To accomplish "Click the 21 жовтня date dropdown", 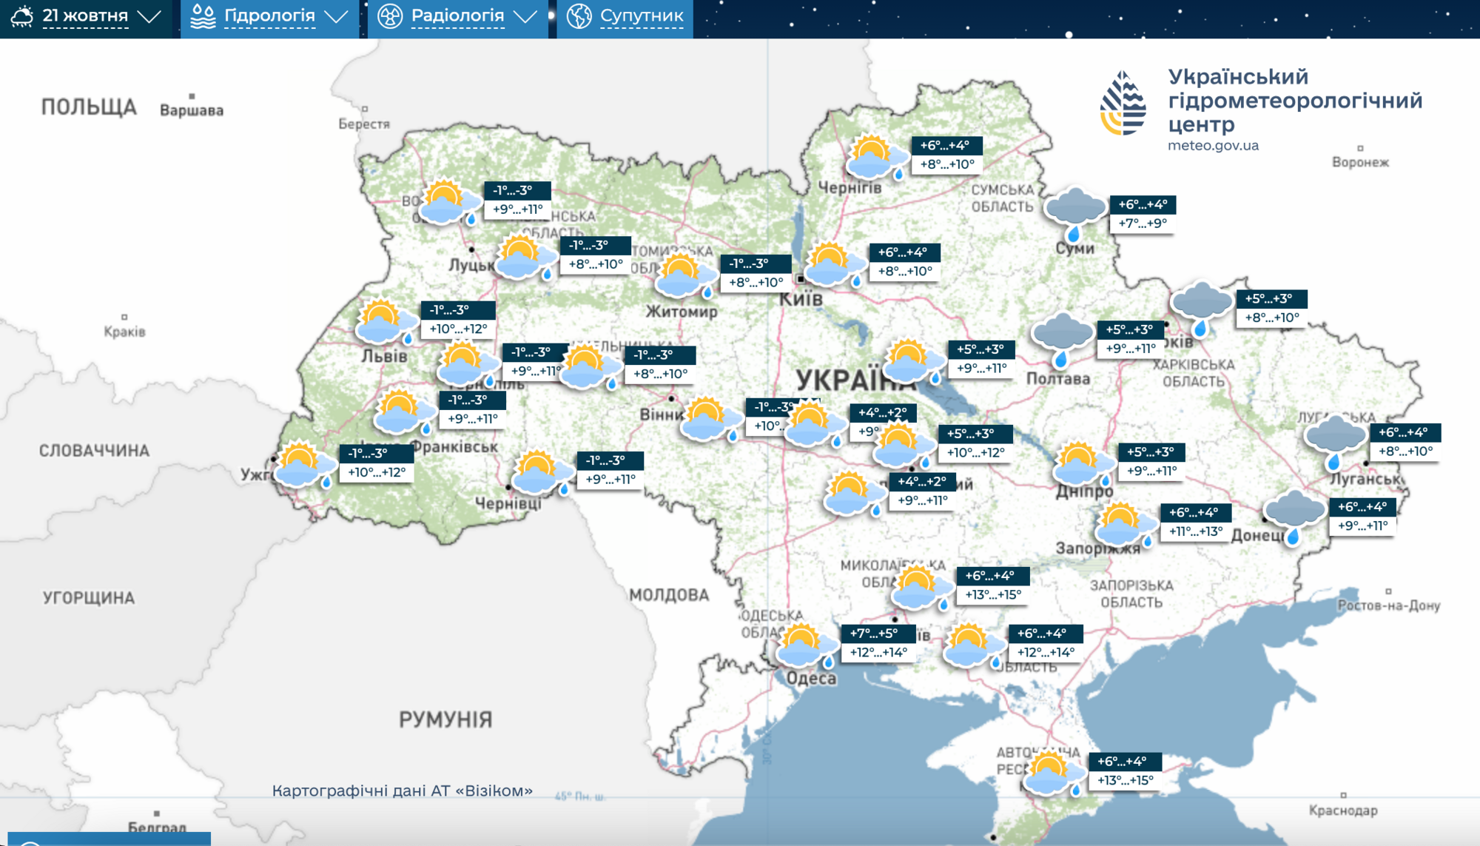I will tap(86, 16).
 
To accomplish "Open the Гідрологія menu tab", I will tap(269, 16).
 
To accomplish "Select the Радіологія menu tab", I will tap(457, 16).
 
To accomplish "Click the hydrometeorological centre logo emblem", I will tap(1123, 104).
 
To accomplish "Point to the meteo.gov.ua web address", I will tap(1213, 146).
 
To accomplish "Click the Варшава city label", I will tap(192, 110).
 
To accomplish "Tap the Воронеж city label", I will tap(1360, 162).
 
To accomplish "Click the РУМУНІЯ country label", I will tap(445, 719).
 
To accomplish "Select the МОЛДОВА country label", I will tap(669, 595).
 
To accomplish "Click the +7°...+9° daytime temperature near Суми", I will tap(1143, 224).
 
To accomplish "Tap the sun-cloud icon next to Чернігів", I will tap(875, 157).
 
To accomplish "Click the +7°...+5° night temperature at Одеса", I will tap(874, 634).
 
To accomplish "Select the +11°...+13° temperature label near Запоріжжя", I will tap(1195, 531).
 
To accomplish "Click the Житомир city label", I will tap(682, 312).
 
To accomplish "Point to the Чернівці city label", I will tap(508, 503).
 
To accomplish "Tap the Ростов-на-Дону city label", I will tap(1388, 605).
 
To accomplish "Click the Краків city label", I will tap(124, 332).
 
